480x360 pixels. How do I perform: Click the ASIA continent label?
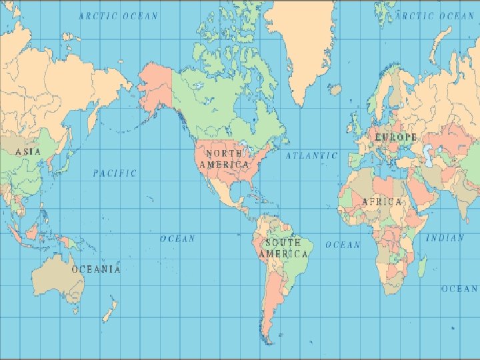[28, 151]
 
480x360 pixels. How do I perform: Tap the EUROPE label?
[396, 137]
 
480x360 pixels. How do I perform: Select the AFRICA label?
[382, 201]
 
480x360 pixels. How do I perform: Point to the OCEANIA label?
[97, 269]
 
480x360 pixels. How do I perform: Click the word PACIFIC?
[115, 173]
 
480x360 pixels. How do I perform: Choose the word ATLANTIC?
[312, 155]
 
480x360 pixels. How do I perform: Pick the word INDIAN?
[445, 238]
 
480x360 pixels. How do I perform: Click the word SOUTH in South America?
[283, 243]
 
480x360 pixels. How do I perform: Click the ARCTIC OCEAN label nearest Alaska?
[119, 15]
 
